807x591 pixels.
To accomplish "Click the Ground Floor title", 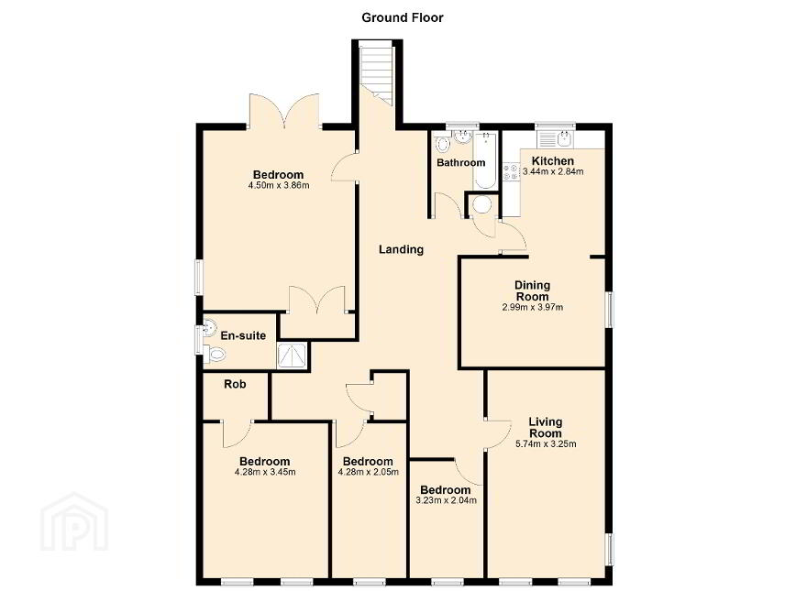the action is click(402, 18).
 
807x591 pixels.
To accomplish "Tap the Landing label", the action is click(401, 249).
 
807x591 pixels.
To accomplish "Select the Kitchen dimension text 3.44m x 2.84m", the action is click(553, 171).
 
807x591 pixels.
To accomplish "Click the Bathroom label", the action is click(460, 162).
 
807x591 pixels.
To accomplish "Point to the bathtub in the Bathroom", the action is click(485, 160).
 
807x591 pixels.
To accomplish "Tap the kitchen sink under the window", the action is click(555, 138).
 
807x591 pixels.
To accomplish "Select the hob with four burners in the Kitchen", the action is click(511, 171).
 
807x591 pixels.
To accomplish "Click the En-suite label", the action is click(243, 336).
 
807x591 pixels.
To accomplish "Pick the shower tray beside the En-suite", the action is click(293, 356).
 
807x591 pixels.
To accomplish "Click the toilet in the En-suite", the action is click(215, 354).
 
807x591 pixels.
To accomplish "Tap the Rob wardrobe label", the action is click(235, 384).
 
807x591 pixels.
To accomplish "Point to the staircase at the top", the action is click(377, 72).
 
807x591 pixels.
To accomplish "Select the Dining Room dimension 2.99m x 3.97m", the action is click(533, 308).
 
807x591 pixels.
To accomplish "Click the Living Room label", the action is click(546, 427).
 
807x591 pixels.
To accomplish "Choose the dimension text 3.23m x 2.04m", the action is click(447, 500).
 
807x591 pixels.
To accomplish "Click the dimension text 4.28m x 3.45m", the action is click(265, 472).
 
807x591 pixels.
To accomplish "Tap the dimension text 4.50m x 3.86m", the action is click(279, 185).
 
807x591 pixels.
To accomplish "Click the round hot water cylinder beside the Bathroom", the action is click(482, 204).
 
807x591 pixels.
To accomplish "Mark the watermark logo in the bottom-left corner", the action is click(74, 521).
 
